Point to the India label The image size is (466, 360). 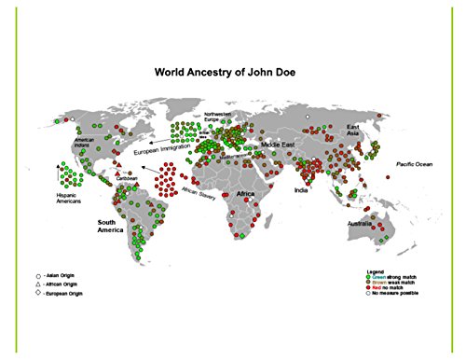tap(301, 190)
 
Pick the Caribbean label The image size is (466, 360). tap(127, 178)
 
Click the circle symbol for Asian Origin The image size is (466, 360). tap(38, 277)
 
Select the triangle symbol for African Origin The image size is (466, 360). tap(38, 285)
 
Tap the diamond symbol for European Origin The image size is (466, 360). tap(38, 294)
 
